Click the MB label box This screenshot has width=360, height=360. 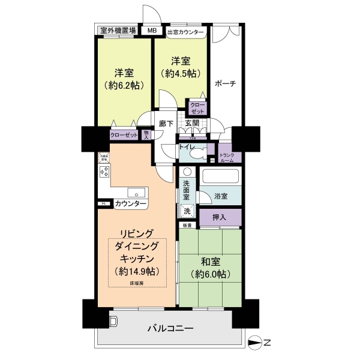(x=152, y=31)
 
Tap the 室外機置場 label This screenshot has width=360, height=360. (x=118, y=31)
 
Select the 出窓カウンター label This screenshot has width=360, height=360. (x=185, y=31)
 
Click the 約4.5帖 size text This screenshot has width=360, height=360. (x=179, y=74)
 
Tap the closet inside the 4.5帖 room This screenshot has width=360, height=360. (x=197, y=107)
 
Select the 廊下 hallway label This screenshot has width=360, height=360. (x=166, y=124)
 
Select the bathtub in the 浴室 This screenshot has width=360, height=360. (x=220, y=178)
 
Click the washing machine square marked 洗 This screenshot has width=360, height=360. (x=187, y=211)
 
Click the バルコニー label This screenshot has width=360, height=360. (x=171, y=329)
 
